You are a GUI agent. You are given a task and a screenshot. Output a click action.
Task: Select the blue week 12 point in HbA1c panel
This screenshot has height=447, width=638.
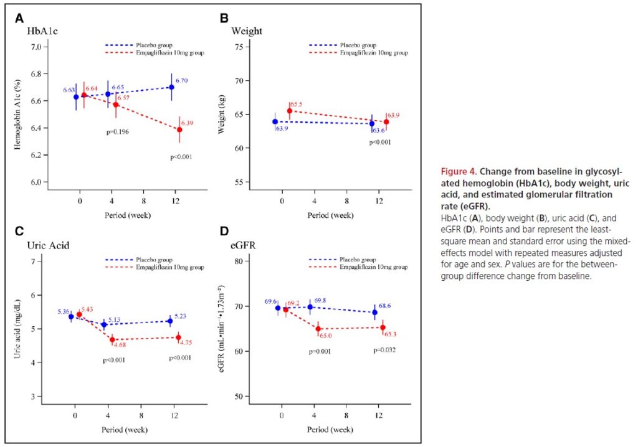[x=171, y=87]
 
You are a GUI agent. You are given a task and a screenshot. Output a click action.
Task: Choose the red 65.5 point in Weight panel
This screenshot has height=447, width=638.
[x=290, y=111]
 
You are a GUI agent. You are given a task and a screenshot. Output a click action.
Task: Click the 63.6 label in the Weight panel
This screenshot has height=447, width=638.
[x=379, y=130]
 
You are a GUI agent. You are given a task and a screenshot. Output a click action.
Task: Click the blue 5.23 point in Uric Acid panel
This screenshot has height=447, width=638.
[x=170, y=321]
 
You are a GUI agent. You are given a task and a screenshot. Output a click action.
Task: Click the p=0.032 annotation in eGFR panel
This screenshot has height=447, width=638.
[x=384, y=350]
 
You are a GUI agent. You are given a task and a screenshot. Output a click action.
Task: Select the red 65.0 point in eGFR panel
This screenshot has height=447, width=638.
[x=318, y=329]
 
